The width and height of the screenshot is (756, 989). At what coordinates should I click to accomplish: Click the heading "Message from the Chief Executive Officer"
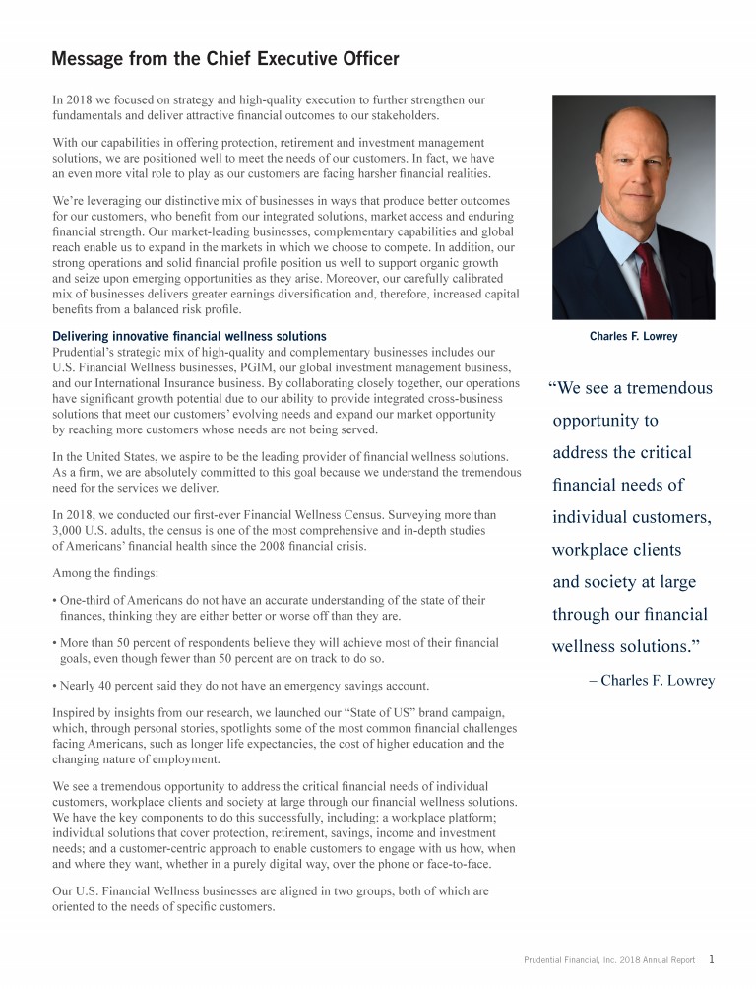[225, 60]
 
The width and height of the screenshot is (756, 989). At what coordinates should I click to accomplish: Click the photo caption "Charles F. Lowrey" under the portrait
[633, 337]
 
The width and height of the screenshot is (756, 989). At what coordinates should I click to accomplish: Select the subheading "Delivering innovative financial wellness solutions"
[189, 337]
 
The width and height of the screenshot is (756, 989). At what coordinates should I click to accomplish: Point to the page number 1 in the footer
[712, 958]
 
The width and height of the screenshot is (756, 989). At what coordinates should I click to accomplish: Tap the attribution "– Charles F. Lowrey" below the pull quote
[651, 681]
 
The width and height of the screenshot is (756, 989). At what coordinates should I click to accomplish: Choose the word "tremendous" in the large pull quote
[666, 388]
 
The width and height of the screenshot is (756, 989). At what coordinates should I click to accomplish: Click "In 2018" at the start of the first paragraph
[70, 100]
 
